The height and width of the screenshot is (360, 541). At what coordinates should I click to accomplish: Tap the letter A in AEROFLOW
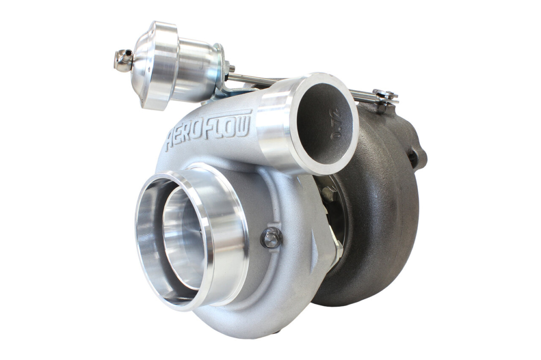click(171, 142)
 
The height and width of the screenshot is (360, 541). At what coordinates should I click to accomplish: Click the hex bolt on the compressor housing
click(271, 238)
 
